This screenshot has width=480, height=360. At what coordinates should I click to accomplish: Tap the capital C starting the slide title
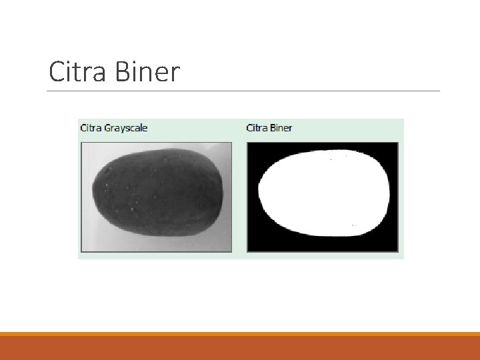coord(57,72)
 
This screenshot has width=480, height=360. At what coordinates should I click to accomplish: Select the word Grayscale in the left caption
coord(126,128)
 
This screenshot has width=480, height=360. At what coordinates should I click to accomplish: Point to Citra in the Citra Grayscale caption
coord(91,127)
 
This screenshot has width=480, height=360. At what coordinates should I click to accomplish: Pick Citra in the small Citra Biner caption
coord(257,127)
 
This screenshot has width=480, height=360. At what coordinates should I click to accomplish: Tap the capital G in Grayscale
coord(108,127)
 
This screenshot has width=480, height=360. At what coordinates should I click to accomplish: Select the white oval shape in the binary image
coord(323,193)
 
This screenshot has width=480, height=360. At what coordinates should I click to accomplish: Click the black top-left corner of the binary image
coord(253,149)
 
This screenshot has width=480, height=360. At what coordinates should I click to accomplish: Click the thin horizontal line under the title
coord(243,91)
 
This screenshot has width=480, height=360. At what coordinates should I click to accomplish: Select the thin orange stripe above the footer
coord(240,333)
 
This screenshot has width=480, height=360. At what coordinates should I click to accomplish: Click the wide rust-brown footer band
coord(240,348)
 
